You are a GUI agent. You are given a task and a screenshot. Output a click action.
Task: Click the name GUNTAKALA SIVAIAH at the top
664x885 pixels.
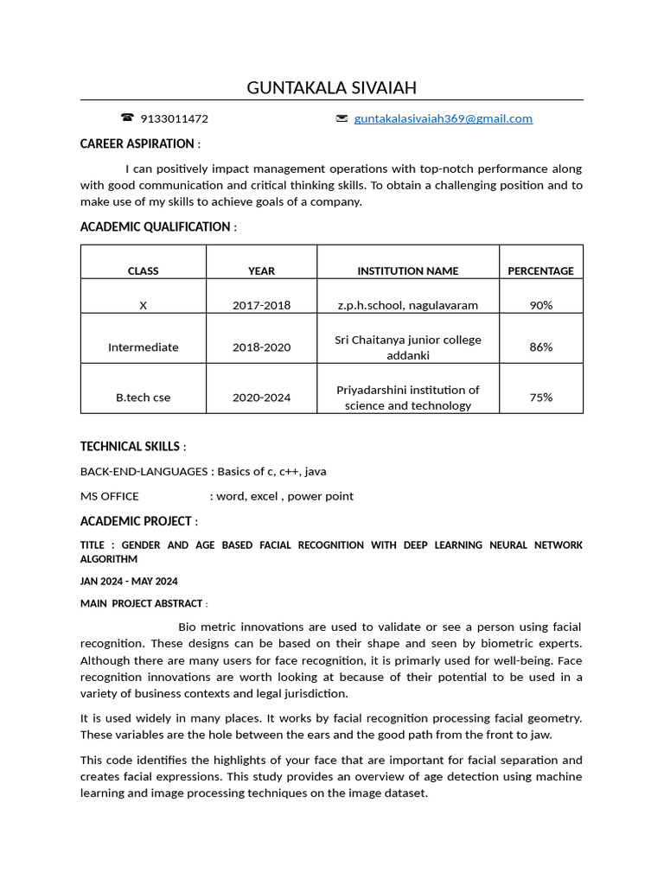[x=331, y=87]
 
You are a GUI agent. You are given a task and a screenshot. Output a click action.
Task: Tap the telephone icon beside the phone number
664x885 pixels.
[x=127, y=118]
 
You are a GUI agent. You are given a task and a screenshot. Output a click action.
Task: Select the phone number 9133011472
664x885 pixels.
[x=174, y=118]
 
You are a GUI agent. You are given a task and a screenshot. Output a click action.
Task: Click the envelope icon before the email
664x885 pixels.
[x=342, y=118]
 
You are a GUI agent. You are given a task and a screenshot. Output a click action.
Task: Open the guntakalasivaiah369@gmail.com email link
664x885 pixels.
[x=443, y=118]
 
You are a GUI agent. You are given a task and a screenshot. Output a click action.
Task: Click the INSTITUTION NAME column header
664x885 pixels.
[x=407, y=271]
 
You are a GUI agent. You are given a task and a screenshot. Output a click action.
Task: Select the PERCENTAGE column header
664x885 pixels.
[x=540, y=271]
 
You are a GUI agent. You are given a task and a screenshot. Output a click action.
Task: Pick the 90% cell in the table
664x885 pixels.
[x=540, y=305]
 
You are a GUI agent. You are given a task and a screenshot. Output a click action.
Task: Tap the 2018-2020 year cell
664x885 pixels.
[x=261, y=347]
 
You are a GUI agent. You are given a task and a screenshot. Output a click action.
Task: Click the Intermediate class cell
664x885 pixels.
[x=143, y=347]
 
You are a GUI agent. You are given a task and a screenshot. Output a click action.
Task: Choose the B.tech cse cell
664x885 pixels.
[x=143, y=398]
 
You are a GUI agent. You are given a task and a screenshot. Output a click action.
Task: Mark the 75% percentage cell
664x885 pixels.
[x=540, y=398]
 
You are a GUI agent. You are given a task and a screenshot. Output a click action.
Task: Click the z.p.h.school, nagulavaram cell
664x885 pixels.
[x=407, y=305]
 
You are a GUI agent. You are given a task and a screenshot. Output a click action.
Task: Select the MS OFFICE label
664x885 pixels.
[x=109, y=496]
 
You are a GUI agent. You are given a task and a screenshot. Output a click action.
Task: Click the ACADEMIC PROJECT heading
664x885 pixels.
[x=136, y=521]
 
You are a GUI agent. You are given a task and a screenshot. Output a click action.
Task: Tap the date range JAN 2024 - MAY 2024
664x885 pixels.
[x=129, y=581]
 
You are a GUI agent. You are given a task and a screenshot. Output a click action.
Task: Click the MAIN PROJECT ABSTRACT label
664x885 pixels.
[x=141, y=603]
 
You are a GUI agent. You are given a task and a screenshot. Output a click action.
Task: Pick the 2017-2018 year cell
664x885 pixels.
[x=261, y=305]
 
